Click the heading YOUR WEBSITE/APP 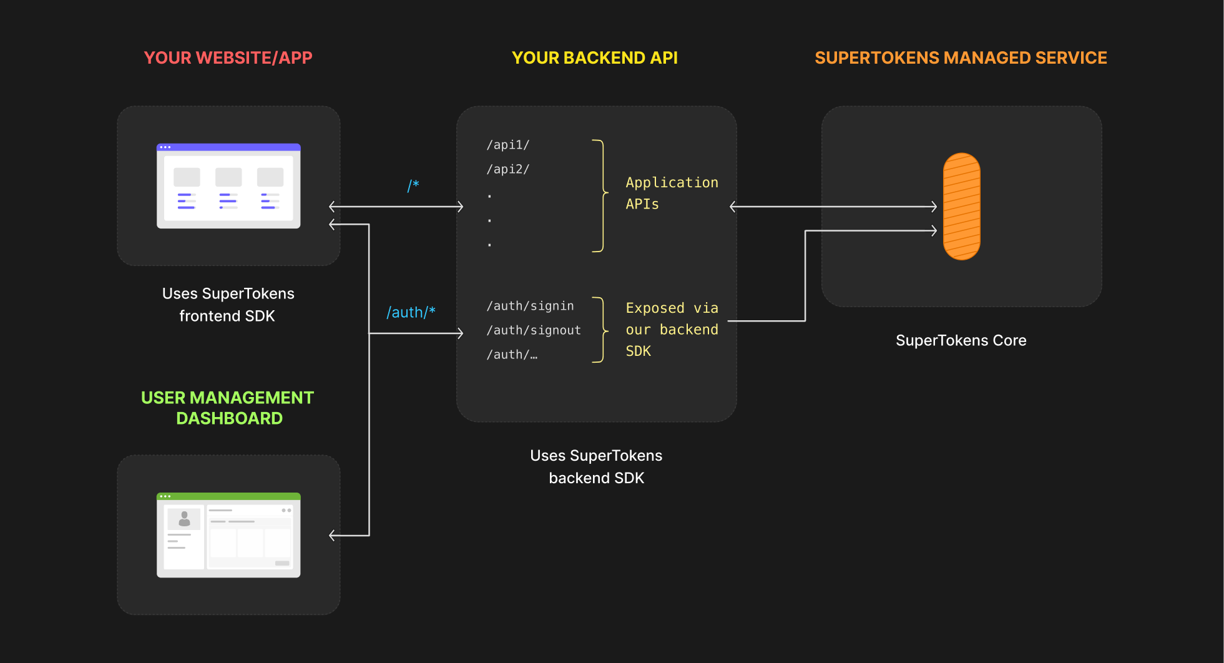tap(228, 57)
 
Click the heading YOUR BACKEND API tap(594, 57)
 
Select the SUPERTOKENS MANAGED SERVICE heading tap(961, 57)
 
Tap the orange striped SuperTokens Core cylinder tap(961, 207)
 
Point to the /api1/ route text tap(507, 145)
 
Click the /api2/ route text tap(507, 169)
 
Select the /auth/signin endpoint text tap(530, 306)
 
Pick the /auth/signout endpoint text tap(534, 330)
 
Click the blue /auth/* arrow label tap(411, 312)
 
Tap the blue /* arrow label tap(413, 185)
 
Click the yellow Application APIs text tap(671, 193)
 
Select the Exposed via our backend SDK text tap(671, 330)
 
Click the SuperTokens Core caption tap(961, 340)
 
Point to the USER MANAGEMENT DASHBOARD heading tap(228, 408)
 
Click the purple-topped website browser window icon tap(228, 186)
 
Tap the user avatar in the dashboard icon tap(184, 519)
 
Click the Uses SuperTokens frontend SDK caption tap(228, 305)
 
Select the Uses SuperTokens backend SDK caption tap(596, 466)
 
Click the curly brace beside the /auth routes tap(602, 330)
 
